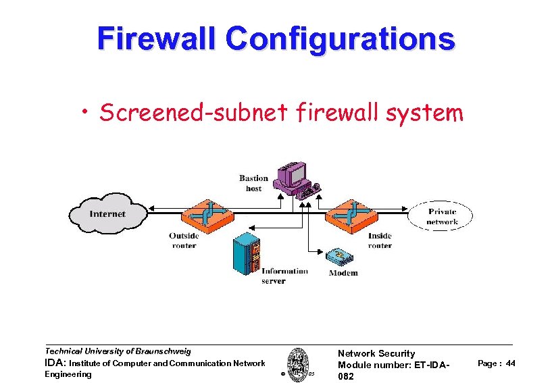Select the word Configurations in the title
point(341,39)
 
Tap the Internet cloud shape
point(107,213)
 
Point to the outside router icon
point(207,213)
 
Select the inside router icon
point(351,213)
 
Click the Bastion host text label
point(253,183)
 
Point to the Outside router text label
point(184,240)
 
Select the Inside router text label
point(380,240)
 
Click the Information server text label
point(284,276)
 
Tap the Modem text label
point(343,273)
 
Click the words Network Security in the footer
point(376,353)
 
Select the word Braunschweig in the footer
point(163,351)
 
